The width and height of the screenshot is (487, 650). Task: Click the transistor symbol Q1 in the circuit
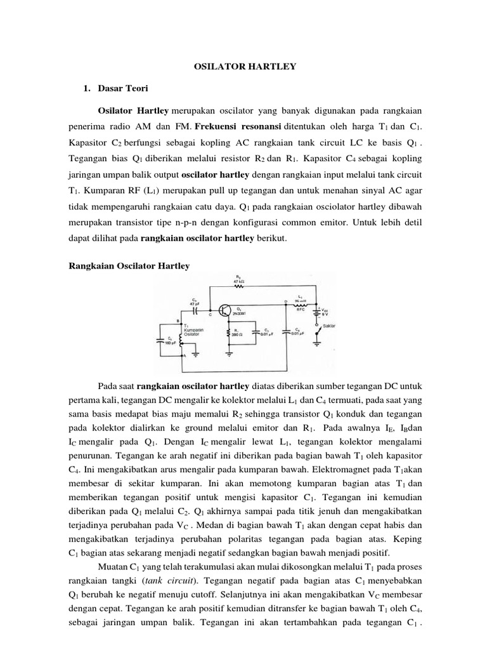(x=224, y=310)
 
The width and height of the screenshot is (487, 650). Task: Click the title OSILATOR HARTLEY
(x=243, y=66)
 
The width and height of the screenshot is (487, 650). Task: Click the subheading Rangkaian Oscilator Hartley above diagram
(x=129, y=267)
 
